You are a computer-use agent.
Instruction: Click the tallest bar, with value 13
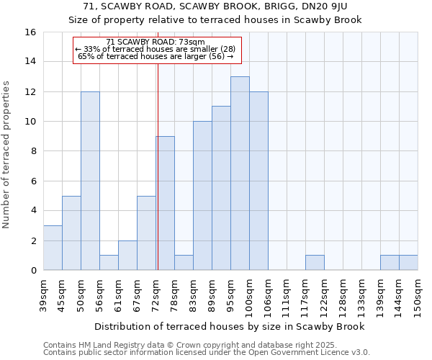point(240,173)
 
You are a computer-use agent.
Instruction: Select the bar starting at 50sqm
point(90,181)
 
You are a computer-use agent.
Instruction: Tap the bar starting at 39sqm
point(53,248)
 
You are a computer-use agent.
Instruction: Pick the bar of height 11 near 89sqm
point(221,188)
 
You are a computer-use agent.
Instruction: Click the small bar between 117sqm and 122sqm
point(315,263)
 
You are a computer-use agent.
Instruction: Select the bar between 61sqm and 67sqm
point(127,255)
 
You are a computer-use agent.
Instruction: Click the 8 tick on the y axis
point(32,151)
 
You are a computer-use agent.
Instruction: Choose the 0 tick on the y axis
point(32,270)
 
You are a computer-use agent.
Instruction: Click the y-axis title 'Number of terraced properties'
point(7,155)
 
